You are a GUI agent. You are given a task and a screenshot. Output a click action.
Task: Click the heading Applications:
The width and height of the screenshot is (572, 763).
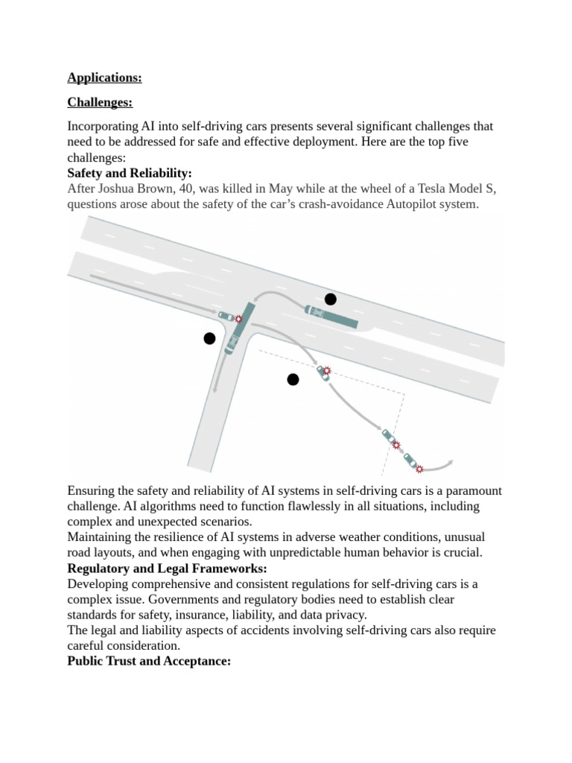point(104,77)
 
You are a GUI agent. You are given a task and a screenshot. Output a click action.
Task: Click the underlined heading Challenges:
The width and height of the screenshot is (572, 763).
point(100,102)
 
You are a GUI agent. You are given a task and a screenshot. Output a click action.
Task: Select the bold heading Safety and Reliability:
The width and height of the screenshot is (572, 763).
point(130,173)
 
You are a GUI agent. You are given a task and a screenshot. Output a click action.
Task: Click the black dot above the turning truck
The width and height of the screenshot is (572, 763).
point(330,299)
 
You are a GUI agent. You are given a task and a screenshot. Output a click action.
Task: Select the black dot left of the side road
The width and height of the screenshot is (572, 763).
point(209,338)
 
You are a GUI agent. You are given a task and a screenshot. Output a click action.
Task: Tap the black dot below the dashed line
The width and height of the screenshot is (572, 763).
point(293,379)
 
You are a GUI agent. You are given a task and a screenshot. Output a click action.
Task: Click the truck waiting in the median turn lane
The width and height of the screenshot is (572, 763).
point(331,316)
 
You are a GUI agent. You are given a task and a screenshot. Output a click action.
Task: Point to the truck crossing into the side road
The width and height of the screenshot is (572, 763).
point(240,329)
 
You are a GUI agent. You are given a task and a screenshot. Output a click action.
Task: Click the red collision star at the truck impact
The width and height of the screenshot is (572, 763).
point(238,319)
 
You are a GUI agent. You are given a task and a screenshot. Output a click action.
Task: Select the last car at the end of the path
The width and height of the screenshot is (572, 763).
point(411,460)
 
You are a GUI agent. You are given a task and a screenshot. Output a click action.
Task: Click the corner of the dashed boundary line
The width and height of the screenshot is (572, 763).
point(404,393)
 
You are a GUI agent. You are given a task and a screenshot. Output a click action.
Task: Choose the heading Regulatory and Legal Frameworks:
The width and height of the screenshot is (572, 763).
point(167,569)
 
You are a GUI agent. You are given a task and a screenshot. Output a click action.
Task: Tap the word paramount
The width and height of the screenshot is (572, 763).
point(474,490)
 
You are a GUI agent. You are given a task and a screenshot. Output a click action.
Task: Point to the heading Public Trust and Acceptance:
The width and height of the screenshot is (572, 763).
point(149,661)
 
